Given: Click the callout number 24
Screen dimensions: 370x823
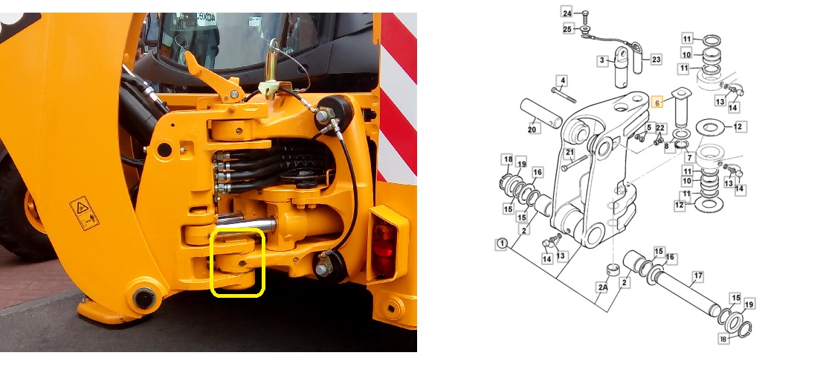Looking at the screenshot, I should click(x=567, y=13).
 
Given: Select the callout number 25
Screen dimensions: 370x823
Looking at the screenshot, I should click(x=567, y=28).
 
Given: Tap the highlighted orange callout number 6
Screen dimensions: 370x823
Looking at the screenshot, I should click(x=656, y=103).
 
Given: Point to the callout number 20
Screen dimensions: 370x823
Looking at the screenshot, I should click(x=532, y=129).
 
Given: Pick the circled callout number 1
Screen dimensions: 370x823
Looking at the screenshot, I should click(x=502, y=243).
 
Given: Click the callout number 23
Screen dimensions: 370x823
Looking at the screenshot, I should click(x=655, y=59).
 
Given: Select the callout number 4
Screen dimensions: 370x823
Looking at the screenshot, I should click(x=562, y=80).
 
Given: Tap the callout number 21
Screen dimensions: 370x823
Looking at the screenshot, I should click(x=569, y=153).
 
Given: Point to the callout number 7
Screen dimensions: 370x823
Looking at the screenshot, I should click(x=690, y=158).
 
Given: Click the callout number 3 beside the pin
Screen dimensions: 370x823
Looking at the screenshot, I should click(x=601, y=60).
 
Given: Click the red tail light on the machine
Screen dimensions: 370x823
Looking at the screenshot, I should click(x=384, y=249).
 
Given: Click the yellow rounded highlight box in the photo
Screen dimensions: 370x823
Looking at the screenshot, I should click(x=238, y=263).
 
